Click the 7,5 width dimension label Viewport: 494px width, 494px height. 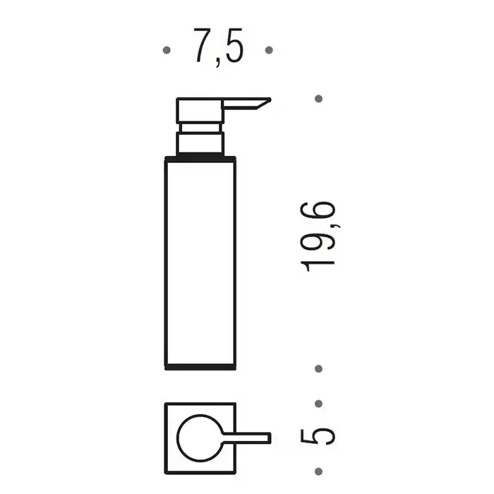pos(218,47)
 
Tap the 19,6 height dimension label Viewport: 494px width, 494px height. pos(318,236)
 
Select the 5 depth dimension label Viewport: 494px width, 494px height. pos(318,437)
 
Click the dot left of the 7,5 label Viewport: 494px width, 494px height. pos(167,50)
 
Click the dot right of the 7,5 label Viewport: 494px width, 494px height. pos(269,50)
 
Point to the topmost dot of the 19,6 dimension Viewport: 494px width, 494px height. pos(318,99)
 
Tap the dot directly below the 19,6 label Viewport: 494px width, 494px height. pos(318,368)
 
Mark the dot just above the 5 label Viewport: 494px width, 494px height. pos(318,404)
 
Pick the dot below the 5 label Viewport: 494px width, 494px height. pos(318,471)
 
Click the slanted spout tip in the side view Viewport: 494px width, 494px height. pos(264,103)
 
